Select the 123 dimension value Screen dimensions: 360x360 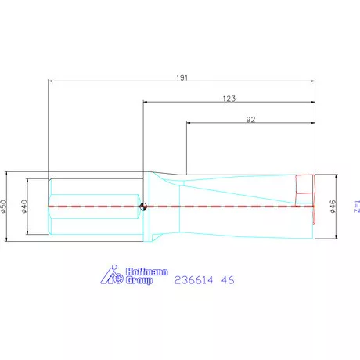229,99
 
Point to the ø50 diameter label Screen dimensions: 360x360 5,206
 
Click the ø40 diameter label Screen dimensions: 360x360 25,206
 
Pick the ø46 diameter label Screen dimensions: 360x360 333,206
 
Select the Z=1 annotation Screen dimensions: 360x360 356,207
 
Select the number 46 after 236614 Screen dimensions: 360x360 227,279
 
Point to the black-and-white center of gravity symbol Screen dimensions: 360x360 143,207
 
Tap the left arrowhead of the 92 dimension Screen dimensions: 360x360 188,123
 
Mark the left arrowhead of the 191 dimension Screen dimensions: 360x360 51,81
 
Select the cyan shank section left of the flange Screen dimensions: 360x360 94,207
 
